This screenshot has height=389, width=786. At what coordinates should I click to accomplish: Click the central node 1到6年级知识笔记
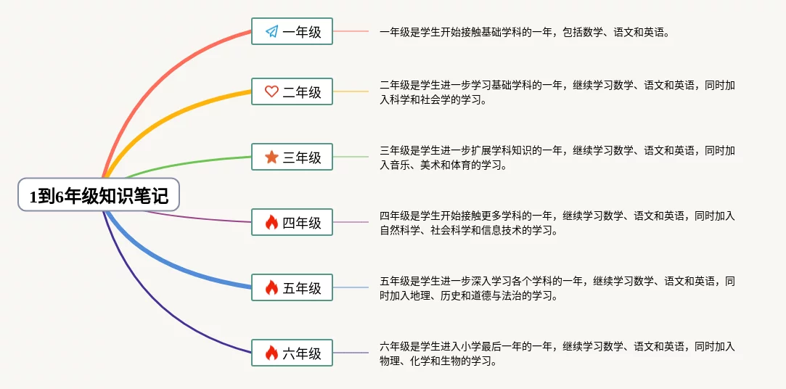tap(99, 194)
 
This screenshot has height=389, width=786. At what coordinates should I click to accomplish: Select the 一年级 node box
tap(292, 31)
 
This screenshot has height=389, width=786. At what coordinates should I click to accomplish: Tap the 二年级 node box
tap(292, 91)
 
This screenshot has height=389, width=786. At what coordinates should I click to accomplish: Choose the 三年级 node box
tap(292, 157)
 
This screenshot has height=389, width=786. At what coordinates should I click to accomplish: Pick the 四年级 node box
tap(292, 222)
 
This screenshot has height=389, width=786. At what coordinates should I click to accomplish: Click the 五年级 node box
tap(292, 287)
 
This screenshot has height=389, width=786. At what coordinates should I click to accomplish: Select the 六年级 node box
tap(292, 353)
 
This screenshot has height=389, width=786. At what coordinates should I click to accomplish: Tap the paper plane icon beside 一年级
tap(271, 32)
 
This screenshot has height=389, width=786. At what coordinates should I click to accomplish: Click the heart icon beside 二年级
tap(271, 91)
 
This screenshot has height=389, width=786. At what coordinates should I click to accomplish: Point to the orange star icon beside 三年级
tap(271, 157)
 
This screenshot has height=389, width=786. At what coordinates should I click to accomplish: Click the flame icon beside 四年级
tap(271, 222)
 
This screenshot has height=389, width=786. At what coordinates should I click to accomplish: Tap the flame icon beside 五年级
tap(271, 287)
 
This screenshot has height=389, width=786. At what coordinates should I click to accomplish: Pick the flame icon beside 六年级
tap(271, 353)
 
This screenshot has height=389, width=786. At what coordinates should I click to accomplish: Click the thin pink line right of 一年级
tap(351, 31)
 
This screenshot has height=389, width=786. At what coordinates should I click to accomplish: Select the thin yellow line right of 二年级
tap(351, 91)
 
